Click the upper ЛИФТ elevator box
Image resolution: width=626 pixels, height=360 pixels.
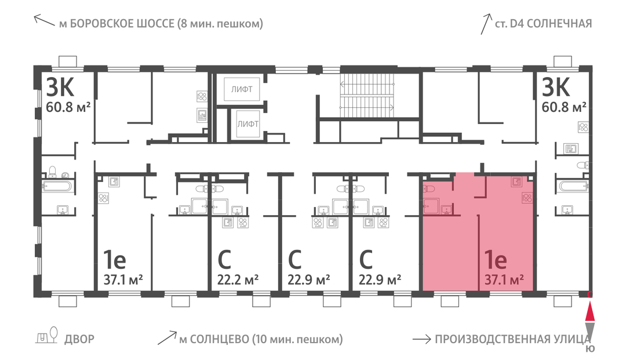coord(242,89)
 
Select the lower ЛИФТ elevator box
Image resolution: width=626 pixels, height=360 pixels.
coord(248,123)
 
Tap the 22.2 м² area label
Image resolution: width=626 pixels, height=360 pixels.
coord(238,279)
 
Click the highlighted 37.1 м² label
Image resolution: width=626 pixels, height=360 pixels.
coord(504,279)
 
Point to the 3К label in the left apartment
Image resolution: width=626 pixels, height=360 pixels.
coord(60,87)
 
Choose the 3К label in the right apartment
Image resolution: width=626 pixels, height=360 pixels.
coord(555,87)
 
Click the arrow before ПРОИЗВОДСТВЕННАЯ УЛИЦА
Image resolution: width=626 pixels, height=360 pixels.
coord(421,340)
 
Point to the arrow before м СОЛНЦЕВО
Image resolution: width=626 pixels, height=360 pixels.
coord(167,337)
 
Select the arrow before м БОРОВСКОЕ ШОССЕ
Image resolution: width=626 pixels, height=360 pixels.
coord(44,20)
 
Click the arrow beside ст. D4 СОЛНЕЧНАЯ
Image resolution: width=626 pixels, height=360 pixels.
coord(486,24)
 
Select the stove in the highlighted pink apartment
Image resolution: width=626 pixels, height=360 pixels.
coord(527,197)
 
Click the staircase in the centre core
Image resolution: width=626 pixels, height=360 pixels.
coord(367,96)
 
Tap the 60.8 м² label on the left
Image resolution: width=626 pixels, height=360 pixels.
coord(68,107)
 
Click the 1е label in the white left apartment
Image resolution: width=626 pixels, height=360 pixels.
coord(115,260)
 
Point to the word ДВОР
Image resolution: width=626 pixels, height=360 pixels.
coord(79,339)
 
